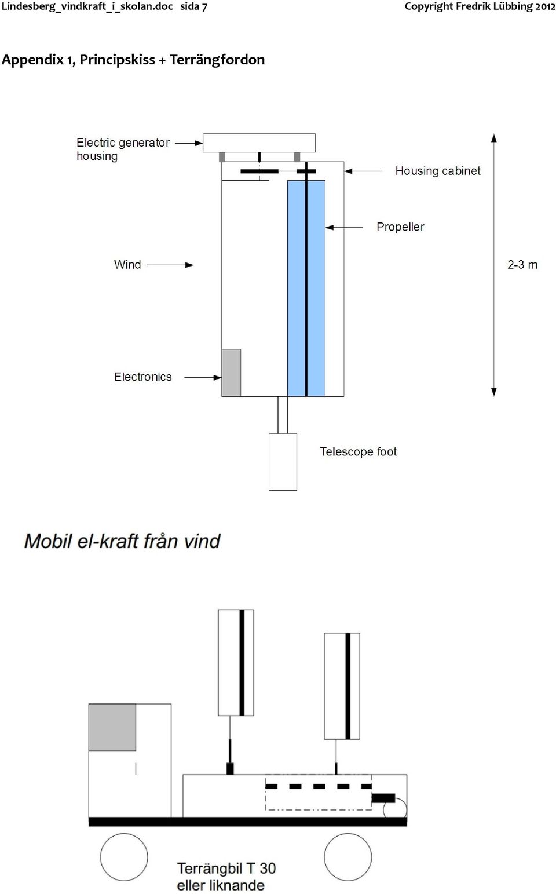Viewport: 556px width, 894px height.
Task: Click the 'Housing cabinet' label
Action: pyautogui.click(x=438, y=171)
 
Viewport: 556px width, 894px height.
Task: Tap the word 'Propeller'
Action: pyautogui.click(x=400, y=227)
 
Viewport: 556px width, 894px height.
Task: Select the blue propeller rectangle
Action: pyautogui.click(x=306, y=288)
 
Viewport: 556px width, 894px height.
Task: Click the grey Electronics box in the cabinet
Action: pyautogui.click(x=231, y=373)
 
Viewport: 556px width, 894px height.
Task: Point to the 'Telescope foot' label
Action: pyautogui.click(x=358, y=451)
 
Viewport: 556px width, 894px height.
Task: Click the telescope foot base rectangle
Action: pyautogui.click(x=283, y=462)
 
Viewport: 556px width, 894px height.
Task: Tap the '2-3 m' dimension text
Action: pyautogui.click(x=522, y=265)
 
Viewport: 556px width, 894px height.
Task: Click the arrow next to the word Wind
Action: pyautogui.click(x=170, y=265)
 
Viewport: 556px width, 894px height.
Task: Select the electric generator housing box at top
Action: pyautogui.click(x=259, y=143)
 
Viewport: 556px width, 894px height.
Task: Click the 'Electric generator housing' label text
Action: pyautogui.click(x=123, y=149)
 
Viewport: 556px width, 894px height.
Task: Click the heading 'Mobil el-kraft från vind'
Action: pyautogui.click(x=122, y=542)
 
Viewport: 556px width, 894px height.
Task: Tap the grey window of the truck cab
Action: pyautogui.click(x=112, y=727)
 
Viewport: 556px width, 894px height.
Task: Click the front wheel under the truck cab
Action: pyautogui.click(x=124, y=857)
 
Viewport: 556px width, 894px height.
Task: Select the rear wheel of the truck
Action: pyautogui.click(x=348, y=857)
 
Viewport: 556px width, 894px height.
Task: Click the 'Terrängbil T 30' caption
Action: pyautogui.click(x=226, y=869)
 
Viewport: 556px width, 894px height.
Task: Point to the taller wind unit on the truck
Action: pyautogui.click(x=236, y=662)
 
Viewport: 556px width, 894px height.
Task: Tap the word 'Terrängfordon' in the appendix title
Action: pyautogui.click(x=217, y=60)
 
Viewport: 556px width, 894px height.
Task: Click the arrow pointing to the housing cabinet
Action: pyautogui.click(x=363, y=171)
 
